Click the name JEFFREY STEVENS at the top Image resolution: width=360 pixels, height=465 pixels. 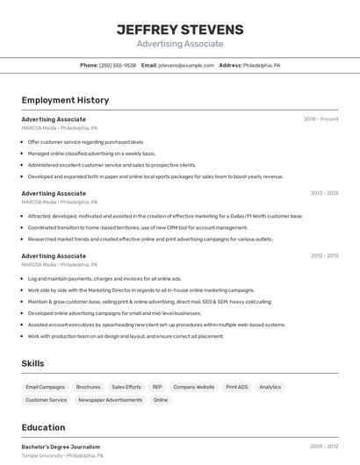pyautogui.click(x=180, y=29)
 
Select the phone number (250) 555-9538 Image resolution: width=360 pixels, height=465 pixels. pyautogui.click(x=118, y=65)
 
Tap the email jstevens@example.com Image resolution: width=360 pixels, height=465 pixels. pyautogui.click(x=186, y=65)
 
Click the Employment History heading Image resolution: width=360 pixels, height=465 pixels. pyautogui.click(x=65, y=100)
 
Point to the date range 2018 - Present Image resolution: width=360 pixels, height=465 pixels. pyautogui.click(x=321, y=118)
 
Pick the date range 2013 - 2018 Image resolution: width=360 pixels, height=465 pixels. pyautogui.click(x=324, y=192)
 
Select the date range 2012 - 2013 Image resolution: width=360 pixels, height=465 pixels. pyautogui.click(x=324, y=255)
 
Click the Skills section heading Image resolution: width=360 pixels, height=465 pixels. pyautogui.click(x=32, y=363)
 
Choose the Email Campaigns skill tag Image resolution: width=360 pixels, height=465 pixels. pyautogui.click(x=45, y=387)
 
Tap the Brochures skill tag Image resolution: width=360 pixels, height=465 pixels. pyautogui.click(x=88, y=387)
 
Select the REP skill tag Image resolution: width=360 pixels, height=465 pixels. pyautogui.click(x=157, y=387)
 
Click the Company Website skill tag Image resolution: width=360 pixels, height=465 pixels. pyautogui.click(x=193, y=387)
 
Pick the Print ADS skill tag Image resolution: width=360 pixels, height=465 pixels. pyautogui.click(x=237, y=387)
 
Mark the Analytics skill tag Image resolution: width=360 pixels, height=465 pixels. pyautogui.click(x=270, y=387)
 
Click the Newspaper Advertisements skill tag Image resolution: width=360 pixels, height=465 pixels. pyautogui.click(x=111, y=400)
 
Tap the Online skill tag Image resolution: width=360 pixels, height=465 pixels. pyautogui.click(x=161, y=400)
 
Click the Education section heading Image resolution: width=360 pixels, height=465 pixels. pyautogui.click(x=43, y=427)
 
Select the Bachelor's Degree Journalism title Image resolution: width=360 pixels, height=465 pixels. pyautogui.click(x=61, y=447)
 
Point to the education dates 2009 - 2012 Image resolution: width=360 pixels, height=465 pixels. pyautogui.click(x=324, y=447)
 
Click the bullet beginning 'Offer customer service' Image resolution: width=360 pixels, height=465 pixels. pyautogui.click(x=85, y=141)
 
